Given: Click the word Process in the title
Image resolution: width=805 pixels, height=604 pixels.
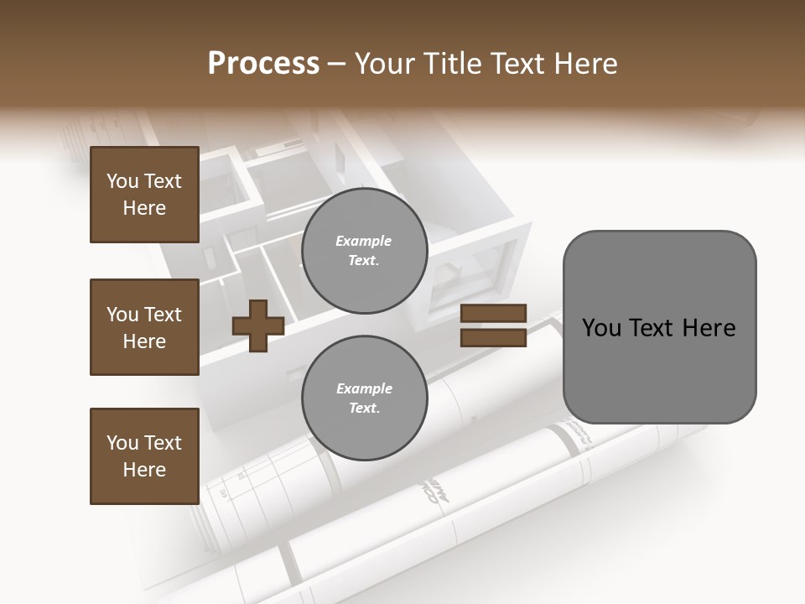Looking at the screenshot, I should coord(263,64).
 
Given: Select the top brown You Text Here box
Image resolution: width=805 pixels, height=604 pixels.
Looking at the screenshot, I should coord(144,195).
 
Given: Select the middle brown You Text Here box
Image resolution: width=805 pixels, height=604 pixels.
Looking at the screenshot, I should coord(144,327).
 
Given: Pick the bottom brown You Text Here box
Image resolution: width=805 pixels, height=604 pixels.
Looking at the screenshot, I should coord(144,456).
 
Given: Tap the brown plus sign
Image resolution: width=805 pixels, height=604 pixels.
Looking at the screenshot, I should coord(258,326).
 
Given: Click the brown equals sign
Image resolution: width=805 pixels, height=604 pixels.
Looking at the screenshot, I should coord(493,326).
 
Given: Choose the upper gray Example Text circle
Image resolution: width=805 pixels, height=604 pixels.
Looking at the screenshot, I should coord(364,251).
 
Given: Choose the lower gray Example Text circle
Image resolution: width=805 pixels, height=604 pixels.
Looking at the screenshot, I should coord(364,398).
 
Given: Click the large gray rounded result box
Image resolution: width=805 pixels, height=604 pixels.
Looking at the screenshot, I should coord(659,326).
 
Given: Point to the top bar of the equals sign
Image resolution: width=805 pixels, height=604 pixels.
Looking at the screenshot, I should coord(493,314).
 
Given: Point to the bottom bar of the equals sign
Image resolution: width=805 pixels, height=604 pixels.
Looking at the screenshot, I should coord(493,338).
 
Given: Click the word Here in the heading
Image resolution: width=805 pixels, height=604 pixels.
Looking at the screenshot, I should coord(584,64).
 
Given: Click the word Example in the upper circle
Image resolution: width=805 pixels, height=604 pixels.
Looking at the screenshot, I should coord(364,242).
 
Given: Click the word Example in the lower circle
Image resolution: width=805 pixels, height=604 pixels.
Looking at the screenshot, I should coord(364,389).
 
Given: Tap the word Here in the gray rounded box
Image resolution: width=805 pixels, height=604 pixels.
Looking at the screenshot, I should coord(709,328).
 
